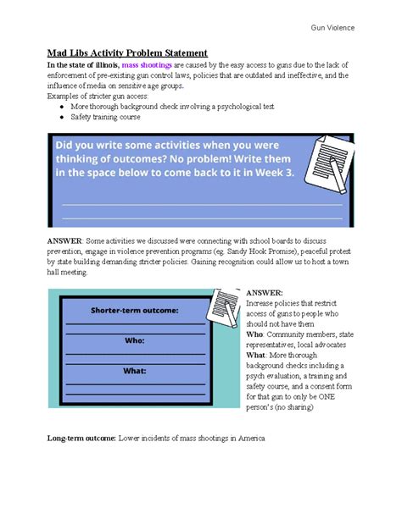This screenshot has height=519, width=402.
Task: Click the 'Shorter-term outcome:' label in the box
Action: pos(135,311)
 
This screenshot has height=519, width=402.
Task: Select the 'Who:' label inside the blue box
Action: pos(135,340)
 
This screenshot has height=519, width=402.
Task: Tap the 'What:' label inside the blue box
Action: pos(135,370)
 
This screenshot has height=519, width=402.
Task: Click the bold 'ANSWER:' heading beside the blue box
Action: pos(263,292)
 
